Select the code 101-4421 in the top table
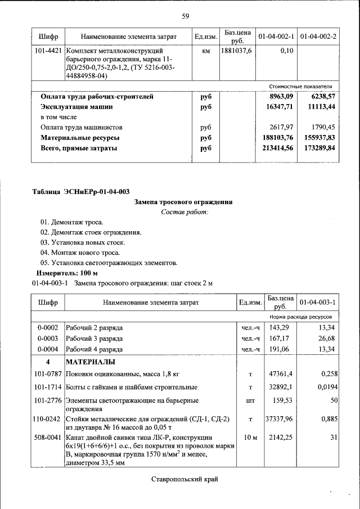coord(48,51)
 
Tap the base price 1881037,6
coord(237,51)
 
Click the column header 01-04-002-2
coord(318,37)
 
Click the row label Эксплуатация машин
coord(76,106)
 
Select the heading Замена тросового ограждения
coord(183,202)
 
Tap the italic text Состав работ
coord(184,212)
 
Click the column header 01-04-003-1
coord(318,303)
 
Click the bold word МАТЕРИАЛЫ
coord(91,361)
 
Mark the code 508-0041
coord(47,437)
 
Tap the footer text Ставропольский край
coord(184,479)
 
